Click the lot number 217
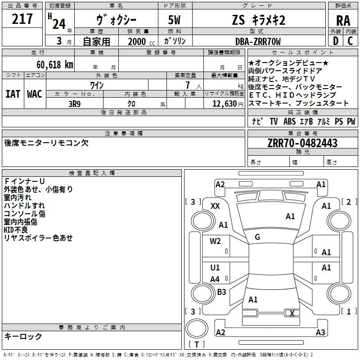tap(22, 19)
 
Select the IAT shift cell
tap(13, 94)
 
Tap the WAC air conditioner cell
tap(35, 94)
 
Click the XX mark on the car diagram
tap(215, 206)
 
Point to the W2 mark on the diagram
tap(215, 241)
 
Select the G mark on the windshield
tap(257, 237)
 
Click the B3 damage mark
tap(221, 292)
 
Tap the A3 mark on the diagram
tap(320, 333)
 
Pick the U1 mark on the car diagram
tap(215, 268)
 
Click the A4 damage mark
tap(215, 279)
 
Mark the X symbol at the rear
tap(292, 314)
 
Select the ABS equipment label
tap(289, 121)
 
